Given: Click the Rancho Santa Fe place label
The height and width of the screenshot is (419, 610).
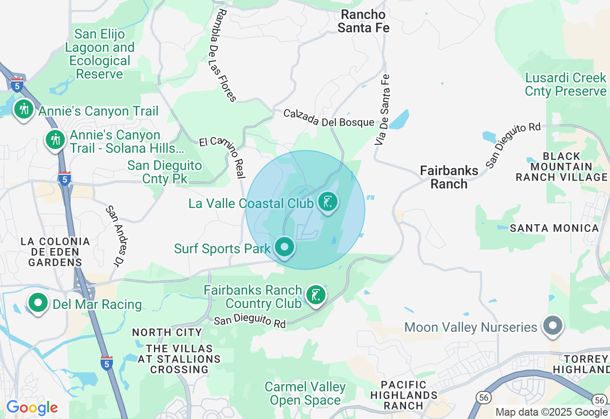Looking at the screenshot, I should [x=363, y=21].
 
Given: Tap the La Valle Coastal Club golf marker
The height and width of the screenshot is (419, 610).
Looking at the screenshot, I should [x=327, y=202].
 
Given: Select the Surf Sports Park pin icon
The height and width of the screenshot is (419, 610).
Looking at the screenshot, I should [x=285, y=247].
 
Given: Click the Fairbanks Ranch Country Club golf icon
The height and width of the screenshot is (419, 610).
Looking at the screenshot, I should [x=315, y=295].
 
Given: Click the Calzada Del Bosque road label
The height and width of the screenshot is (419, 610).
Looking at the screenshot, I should [x=328, y=119].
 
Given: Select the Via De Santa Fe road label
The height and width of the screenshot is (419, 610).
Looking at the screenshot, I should [x=382, y=110].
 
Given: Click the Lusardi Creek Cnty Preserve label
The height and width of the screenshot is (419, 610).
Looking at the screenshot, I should [x=566, y=84].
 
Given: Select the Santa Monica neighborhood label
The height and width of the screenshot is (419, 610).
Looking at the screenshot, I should [x=554, y=228].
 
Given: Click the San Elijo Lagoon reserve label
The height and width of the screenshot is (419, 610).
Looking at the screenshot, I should [x=100, y=54].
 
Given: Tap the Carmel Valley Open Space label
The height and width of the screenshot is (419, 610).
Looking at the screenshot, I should [x=305, y=393].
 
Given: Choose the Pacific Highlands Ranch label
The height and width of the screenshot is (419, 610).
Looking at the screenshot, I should [x=404, y=395].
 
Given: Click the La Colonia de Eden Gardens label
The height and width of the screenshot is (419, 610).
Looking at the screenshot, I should [x=55, y=252].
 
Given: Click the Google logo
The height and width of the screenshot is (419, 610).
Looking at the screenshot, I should [x=32, y=408].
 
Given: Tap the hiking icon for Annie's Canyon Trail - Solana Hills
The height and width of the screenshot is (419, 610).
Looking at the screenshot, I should [x=56, y=140].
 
